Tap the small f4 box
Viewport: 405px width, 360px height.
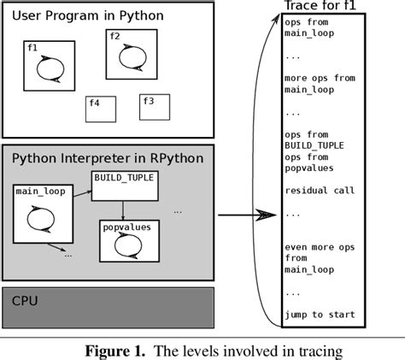[99, 109]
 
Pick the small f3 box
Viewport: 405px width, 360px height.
[154, 107]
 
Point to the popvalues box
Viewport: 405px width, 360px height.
[129, 242]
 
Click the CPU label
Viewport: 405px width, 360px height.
[26, 301]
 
